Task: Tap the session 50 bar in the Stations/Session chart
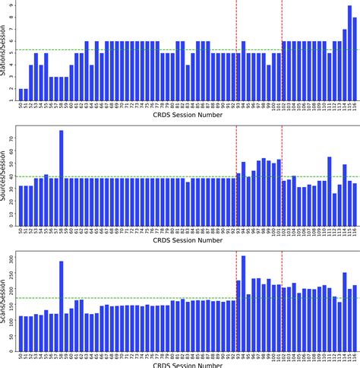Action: tap(21, 94)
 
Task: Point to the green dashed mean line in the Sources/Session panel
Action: tap(152, 177)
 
